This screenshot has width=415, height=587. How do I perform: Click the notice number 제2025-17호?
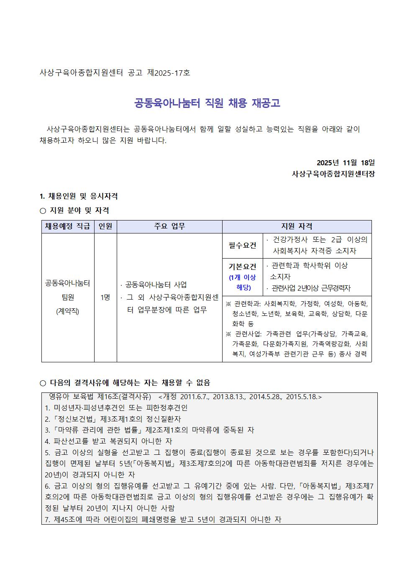pos(169,73)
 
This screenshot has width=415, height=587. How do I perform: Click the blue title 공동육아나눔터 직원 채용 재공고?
pos(207,103)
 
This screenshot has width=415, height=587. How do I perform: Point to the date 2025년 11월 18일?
pos(346,162)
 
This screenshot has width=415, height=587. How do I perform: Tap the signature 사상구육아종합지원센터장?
pos(333,174)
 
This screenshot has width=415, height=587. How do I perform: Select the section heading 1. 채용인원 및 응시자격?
pos(78,196)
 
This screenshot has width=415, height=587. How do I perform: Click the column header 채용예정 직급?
pos(68,226)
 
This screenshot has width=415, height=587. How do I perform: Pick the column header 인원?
pos(105,226)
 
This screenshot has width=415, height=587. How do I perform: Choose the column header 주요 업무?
pos(169,226)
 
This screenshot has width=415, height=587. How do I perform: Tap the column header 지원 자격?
pos(297,226)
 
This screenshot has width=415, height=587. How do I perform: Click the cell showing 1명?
pos(105,297)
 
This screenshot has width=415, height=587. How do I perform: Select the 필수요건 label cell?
pos(243,246)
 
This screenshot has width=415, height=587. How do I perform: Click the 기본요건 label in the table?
pos(243,267)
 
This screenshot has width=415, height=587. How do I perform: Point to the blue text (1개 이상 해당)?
pos(243,282)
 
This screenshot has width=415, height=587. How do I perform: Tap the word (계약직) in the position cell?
pos(67,311)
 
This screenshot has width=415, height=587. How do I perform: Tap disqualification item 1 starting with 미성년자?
pos(116,408)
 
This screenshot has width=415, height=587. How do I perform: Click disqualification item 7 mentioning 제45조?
pos(163,519)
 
